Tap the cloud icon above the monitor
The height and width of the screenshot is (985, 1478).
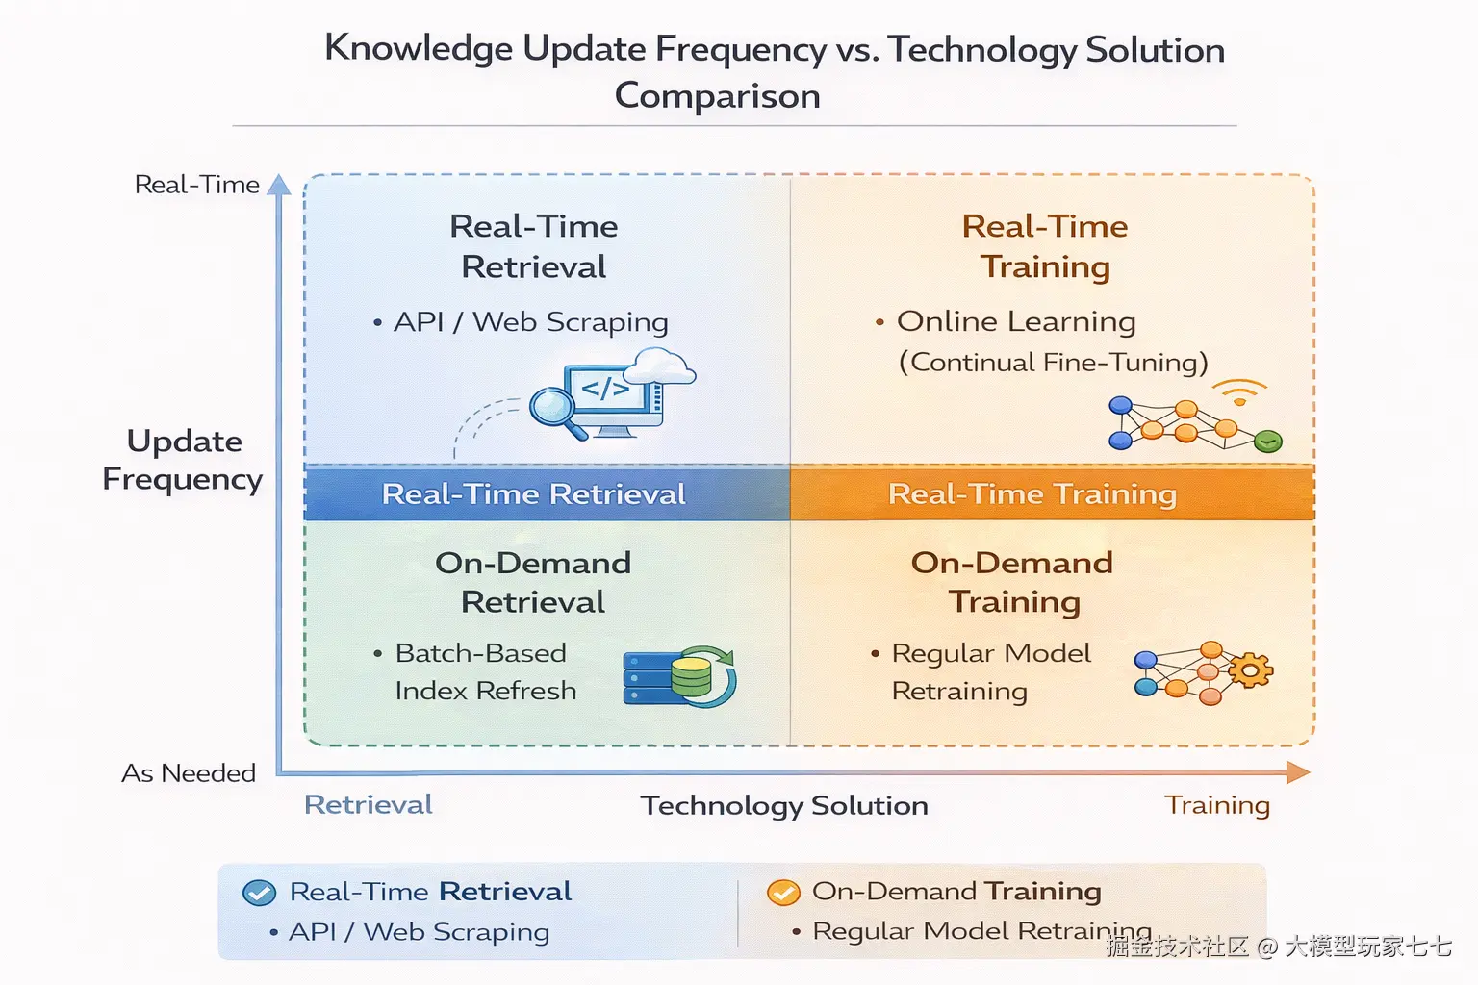click(x=659, y=366)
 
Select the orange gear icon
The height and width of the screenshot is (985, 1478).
click(x=1249, y=670)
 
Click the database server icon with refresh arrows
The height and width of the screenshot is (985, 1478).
click(x=679, y=676)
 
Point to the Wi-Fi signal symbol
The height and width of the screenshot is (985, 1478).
click(x=1239, y=392)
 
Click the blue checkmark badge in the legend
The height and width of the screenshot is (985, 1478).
click(x=259, y=893)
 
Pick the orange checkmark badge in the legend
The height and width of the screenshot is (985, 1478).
click(x=783, y=892)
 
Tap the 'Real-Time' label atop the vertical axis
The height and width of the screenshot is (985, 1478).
click(x=196, y=185)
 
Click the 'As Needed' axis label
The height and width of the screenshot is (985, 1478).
click(x=189, y=773)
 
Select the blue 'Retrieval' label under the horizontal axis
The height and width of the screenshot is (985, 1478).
click(x=369, y=805)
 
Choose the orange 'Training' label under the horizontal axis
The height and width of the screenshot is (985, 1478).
click(x=1217, y=805)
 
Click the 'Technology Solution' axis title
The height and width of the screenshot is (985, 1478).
click(x=784, y=805)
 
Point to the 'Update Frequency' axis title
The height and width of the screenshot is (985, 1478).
click(x=183, y=460)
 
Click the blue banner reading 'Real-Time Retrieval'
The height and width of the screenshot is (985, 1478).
click(x=547, y=493)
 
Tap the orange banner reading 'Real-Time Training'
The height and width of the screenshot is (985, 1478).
click(x=1053, y=493)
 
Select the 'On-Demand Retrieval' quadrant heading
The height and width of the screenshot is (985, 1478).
click(x=533, y=583)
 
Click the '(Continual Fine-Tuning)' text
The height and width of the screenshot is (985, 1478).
click(x=1054, y=363)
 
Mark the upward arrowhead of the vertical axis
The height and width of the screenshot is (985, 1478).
click(x=279, y=184)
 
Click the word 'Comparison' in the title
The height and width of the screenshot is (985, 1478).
click(x=718, y=95)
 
